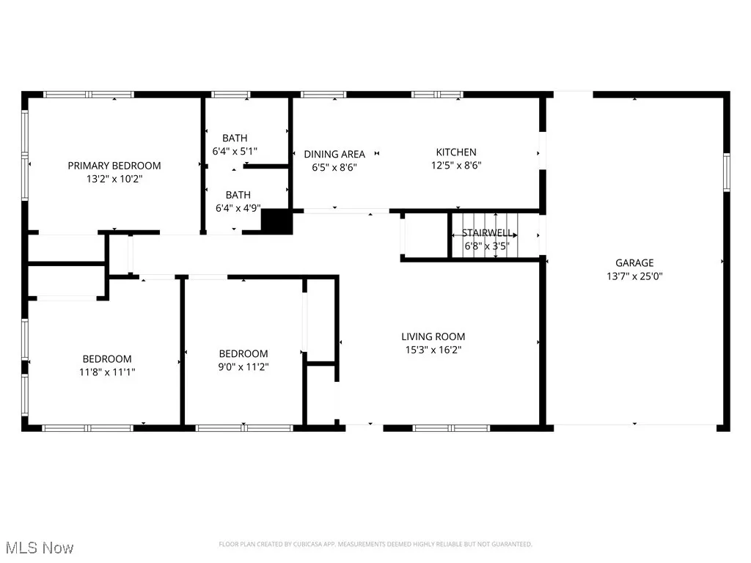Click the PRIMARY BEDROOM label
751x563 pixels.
[x=114, y=166]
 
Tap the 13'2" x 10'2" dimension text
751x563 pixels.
[x=114, y=178]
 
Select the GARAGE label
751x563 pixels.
[x=634, y=263]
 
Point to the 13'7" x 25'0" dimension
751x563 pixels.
[x=634, y=276]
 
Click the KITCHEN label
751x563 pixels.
[x=456, y=152]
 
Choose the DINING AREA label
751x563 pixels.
[x=334, y=154]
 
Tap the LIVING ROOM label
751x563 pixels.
[x=433, y=337]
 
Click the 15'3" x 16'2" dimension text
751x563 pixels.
[x=433, y=350]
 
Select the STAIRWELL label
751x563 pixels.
[x=487, y=233]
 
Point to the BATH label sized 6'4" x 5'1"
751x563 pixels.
[x=235, y=138]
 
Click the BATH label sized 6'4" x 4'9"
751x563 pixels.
[x=238, y=195]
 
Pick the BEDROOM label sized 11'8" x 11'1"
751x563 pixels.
[x=107, y=359]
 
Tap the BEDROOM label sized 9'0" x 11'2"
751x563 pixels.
[x=243, y=354]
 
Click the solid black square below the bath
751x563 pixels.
[x=277, y=222]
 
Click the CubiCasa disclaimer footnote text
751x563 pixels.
[x=375, y=544]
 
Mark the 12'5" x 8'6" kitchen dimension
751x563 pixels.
[x=456, y=165]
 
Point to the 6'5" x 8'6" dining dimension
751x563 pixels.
[x=334, y=166]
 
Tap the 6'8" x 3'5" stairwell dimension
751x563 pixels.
[x=487, y=246]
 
